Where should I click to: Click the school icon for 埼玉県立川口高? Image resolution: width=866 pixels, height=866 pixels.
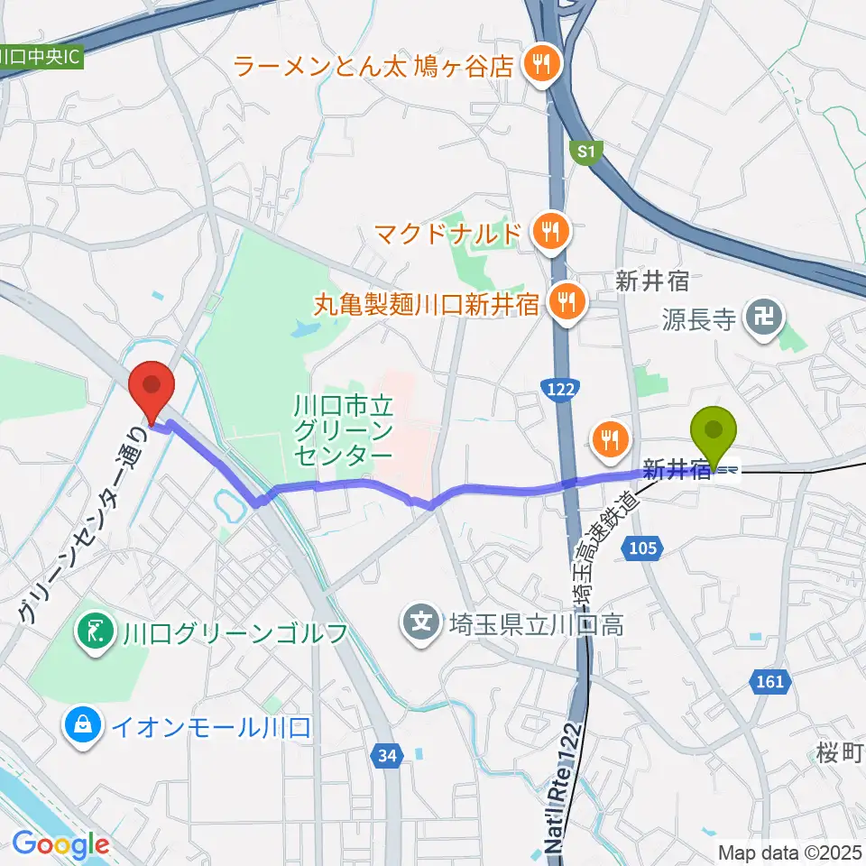(x=419, y=622)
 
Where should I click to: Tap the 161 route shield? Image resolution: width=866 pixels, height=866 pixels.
(x=769, y=682)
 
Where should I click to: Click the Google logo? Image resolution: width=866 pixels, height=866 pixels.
(x=60, y=844)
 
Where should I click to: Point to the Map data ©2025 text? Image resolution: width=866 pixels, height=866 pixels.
(x=790, y=852)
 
